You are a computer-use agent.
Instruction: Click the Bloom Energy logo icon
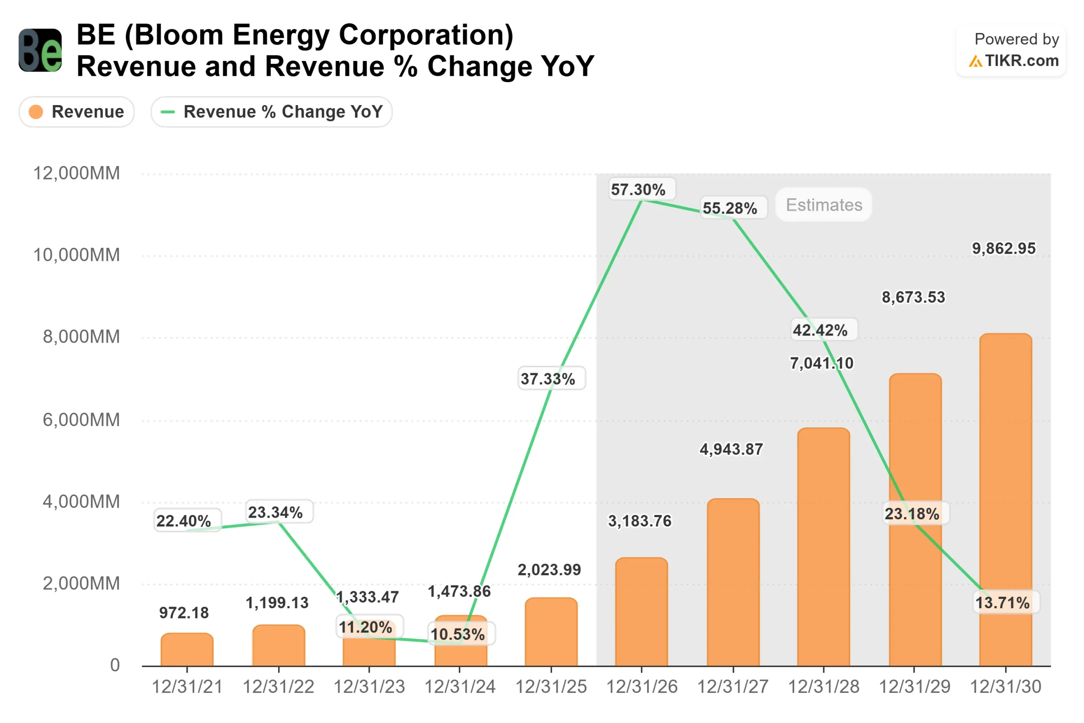click(40, 50)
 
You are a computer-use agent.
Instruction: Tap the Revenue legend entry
click(77, 111)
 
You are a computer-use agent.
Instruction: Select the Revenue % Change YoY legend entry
click(271, 111)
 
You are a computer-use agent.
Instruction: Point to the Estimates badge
click(824, 205)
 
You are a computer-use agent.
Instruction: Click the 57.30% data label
click(638, 189)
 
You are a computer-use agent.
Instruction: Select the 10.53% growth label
click(458, 634)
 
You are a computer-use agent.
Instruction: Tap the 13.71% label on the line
click(1002, 602)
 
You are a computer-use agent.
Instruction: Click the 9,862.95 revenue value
click(1004, 249)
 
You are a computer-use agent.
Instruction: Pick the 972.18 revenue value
click(184, 613)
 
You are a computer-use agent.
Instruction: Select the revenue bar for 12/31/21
click(187, 650)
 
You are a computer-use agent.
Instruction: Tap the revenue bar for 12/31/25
click(551, 633)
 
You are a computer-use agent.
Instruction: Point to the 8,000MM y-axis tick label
click(81, 337)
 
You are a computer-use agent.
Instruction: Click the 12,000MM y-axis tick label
click(77, 173)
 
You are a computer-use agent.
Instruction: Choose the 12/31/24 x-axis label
click(459, 687)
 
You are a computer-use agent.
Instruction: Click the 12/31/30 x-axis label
click(1005, 687)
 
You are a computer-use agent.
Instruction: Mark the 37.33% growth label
click(548, 379)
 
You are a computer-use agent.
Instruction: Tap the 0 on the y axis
click(115, 665)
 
